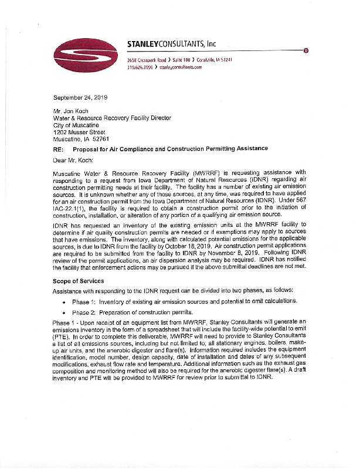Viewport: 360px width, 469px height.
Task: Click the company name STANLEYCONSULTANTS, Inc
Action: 172,43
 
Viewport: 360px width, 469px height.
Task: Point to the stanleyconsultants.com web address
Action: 180,67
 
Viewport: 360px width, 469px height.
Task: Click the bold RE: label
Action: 59,148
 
